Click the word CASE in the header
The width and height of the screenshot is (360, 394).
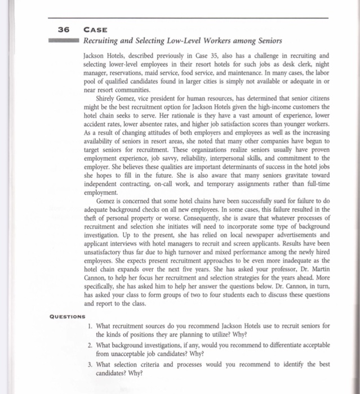pyautogui.click(x=93, y=31)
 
